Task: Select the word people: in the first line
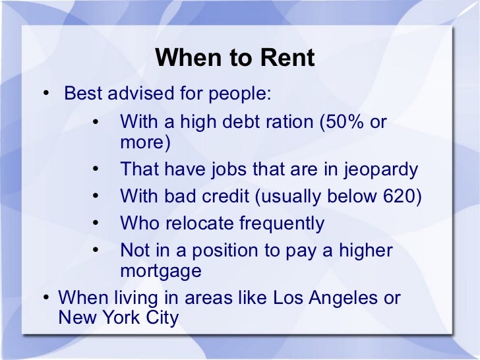pyautogui.click(x=239, y=93)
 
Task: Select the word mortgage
pyautogui.click(x=160, y=271)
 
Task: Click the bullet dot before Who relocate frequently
pyautogui.click(x=96, y=224)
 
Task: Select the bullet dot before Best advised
pyautogui.click(x=46, y=94)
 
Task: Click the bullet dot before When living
pyautogui.click(x=46, y=298)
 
